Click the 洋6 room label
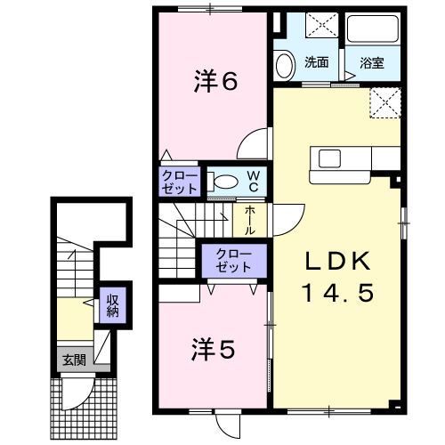[215, 81]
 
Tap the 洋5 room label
[214, 349]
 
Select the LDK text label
[338, 261]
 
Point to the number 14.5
[337, 293]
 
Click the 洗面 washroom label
[317, 62]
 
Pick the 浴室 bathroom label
[372, 63]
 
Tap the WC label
[254, 182]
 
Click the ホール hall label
[250, 221]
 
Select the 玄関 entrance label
[74, 360]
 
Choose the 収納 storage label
[113, 305]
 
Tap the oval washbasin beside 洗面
[285, 65]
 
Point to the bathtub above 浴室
[372, 28]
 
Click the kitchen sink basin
[329, 158]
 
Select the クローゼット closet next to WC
[180, 182]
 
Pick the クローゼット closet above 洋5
[234, 261]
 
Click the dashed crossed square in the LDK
[385, 103]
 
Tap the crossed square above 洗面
[322, 25]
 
